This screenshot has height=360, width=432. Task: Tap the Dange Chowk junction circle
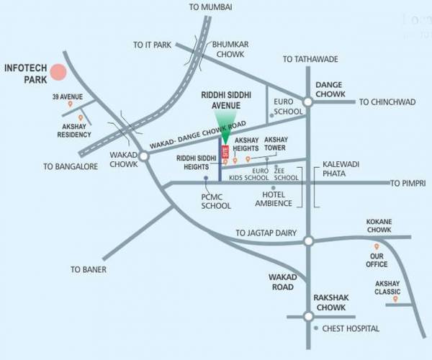(307, 102)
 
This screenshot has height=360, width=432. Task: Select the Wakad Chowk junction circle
(143, 156)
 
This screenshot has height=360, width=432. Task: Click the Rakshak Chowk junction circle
(308, 315)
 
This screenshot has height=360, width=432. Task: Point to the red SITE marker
(225, 151)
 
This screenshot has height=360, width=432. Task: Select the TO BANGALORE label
(70, 166)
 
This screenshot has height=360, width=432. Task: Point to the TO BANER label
(88, 269)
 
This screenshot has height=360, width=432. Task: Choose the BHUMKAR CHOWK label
(230, 48)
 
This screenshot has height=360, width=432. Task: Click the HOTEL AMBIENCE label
(274, 199)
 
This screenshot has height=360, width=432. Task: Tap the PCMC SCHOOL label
(216, 201)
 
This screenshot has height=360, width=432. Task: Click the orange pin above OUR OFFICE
(376, 246)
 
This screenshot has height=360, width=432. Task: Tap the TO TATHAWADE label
(310, 59)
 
